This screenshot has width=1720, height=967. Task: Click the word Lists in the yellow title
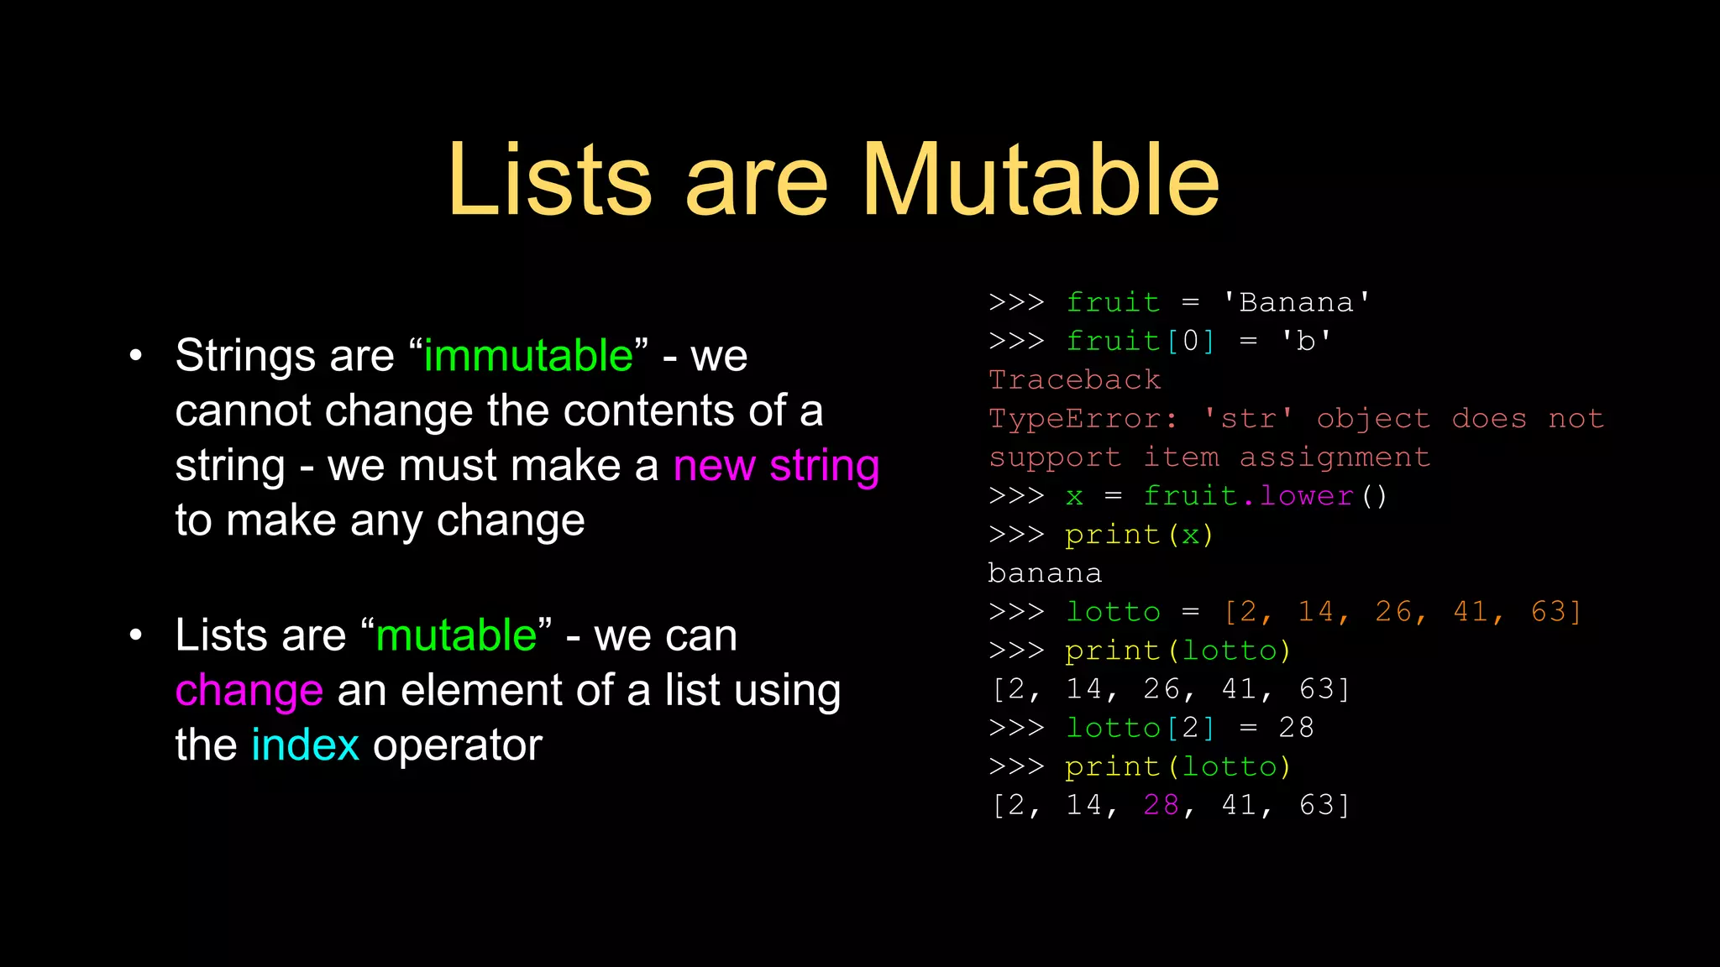click(x=550, y=180)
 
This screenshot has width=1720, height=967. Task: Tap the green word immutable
click(x=528, y=356)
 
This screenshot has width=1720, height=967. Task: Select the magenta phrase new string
click(x=776, y=466)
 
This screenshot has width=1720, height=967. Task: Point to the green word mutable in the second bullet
click(x=456, y=635)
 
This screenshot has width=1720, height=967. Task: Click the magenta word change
click(x=249, y=691)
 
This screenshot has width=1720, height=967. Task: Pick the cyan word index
click(x=306, y=745)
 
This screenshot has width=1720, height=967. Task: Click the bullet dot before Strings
click(x=136, y=356)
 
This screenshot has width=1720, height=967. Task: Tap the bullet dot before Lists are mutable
click(x=136, y=635)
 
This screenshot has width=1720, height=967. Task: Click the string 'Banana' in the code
click(x=1297, y=303)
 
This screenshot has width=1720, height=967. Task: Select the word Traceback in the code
click(x=1075, y=380)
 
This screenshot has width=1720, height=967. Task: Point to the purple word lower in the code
click(x=1306, y=496)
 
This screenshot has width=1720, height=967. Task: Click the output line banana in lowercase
click(x=1045, y=574)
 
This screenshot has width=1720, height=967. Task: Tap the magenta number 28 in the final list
click(x=1162, y=806)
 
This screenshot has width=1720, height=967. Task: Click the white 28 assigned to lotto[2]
click(x=1296, y=728)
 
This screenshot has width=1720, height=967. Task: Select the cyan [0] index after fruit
click(x=1191, y=342)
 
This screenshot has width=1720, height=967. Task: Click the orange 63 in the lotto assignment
click(x=1549, y=612)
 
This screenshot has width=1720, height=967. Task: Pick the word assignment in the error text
click(x=1335, y=458)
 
